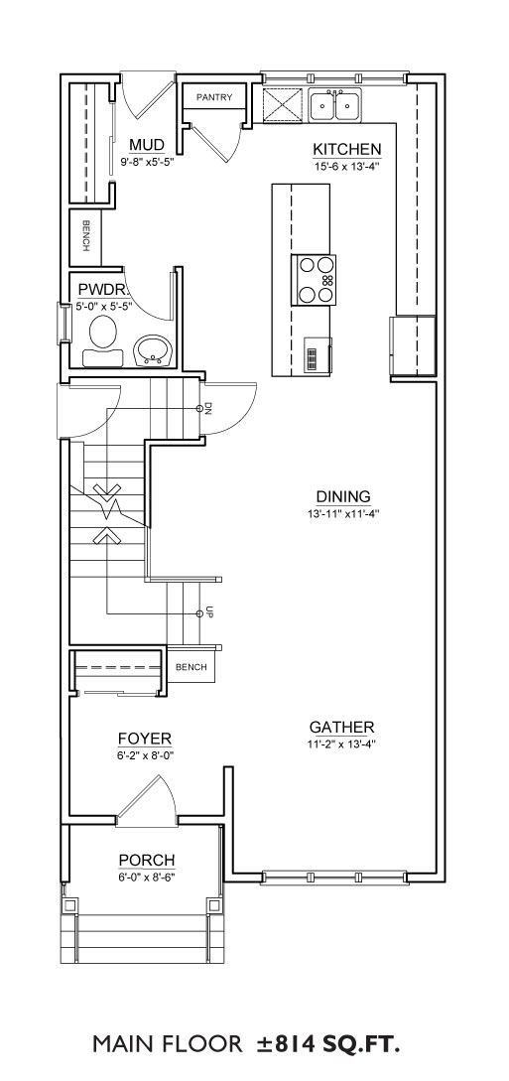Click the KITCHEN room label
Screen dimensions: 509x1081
[x=347, y=149]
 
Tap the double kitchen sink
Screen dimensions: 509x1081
[x=334, y=105]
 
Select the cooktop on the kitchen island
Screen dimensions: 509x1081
[x=315, y=280]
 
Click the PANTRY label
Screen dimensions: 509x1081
[x=214, y=98]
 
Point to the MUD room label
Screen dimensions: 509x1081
[x=147, y=145]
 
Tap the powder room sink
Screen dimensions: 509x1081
[x=152, y=350]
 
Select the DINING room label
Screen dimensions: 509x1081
[x=343, y=496]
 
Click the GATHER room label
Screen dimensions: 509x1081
[x=341, y=727]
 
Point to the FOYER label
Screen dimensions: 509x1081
[x=145, y=740]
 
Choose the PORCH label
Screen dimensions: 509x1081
[x=147, y=861]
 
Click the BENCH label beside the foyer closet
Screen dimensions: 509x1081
[x=191, y=667]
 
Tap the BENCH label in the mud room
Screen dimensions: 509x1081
[x=86, y=236]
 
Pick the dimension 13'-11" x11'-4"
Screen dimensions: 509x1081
[x=343, y=513]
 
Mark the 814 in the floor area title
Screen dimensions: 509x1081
[x=296, y=1043]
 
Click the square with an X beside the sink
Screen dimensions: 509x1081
[x=284, y=105]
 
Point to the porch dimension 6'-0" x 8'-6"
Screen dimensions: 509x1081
[x=147, y=878]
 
